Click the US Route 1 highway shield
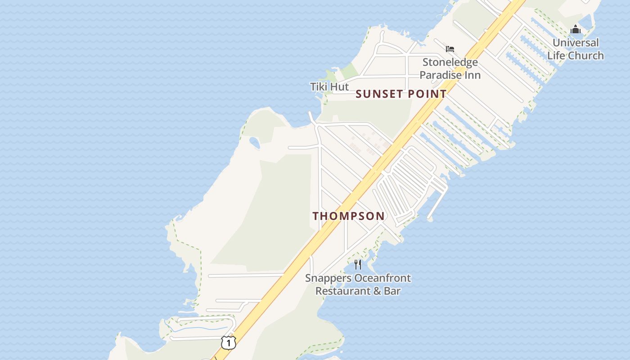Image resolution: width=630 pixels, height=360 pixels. coord(229,343)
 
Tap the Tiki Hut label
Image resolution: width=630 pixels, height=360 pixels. coord(329,86)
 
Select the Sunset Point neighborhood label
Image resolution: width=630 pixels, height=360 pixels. coord(401,94)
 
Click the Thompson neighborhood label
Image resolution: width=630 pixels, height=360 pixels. coord(349,216)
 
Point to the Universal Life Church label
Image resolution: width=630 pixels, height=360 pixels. coord(576,49)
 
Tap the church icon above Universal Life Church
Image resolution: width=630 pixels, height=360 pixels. coord(576,30)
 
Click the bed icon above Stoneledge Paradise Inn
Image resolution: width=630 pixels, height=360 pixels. coord(450,49)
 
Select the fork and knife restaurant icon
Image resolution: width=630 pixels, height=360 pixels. coord(358,265)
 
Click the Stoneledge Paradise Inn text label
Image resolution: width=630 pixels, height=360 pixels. coord(450,68)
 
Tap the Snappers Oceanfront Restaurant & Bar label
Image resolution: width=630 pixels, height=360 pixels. coord(358,284)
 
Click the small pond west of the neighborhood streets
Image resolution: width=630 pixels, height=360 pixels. coord(254,143)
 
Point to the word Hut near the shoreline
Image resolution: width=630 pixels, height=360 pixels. coord(340,86)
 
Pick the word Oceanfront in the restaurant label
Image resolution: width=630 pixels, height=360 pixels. coord(382,278)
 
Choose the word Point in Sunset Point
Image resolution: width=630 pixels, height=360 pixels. coord(427,94)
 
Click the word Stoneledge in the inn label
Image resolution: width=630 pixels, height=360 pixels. coord(450,62)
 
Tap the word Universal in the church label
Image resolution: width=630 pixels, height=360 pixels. coord(576,43)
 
